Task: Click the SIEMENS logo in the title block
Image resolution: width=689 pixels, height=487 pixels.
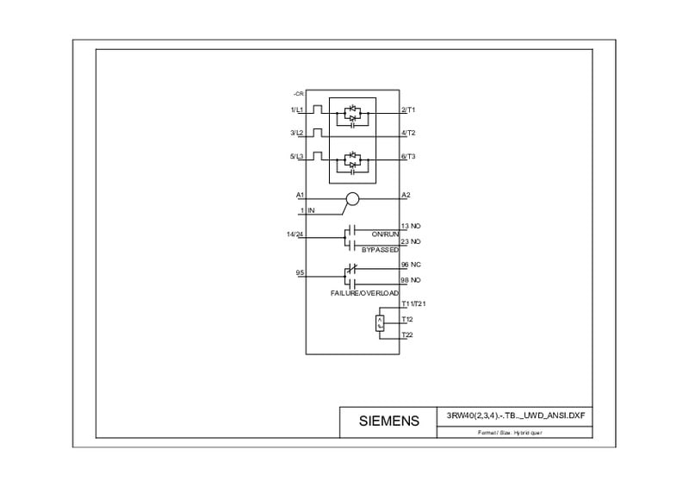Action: point(389,421)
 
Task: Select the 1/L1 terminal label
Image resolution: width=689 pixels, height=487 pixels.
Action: point(297,109)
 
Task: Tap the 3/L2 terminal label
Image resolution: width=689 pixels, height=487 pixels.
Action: point(297,133)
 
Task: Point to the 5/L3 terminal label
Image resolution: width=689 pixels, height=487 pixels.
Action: point(297,156)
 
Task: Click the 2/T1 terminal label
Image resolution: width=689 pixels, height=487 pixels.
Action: point(408,109)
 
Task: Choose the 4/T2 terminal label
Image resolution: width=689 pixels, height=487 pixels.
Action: point(408,133)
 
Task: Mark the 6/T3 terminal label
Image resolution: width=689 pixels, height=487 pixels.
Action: point(408,156)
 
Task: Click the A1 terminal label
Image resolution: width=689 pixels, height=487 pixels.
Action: point(300,195)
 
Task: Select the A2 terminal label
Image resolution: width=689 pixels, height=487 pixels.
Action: point(406,195)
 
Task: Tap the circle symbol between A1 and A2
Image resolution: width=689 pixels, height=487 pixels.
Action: point(351,200)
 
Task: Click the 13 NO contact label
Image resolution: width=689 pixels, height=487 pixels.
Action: point(411,226)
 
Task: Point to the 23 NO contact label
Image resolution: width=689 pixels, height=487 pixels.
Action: point(411,241)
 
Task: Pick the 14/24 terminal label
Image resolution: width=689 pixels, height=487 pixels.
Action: point(295,234)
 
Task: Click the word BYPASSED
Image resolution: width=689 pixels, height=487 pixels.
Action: point(380,249)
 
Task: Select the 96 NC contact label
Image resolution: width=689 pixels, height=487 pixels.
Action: point(411,265)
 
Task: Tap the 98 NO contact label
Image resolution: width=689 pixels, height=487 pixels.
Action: point(411,280)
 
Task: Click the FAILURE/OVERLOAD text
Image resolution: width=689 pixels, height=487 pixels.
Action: point(364,294)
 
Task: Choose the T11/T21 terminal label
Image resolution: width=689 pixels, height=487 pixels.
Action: point(414,304)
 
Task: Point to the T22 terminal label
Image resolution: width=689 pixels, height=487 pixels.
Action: point(407,334)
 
